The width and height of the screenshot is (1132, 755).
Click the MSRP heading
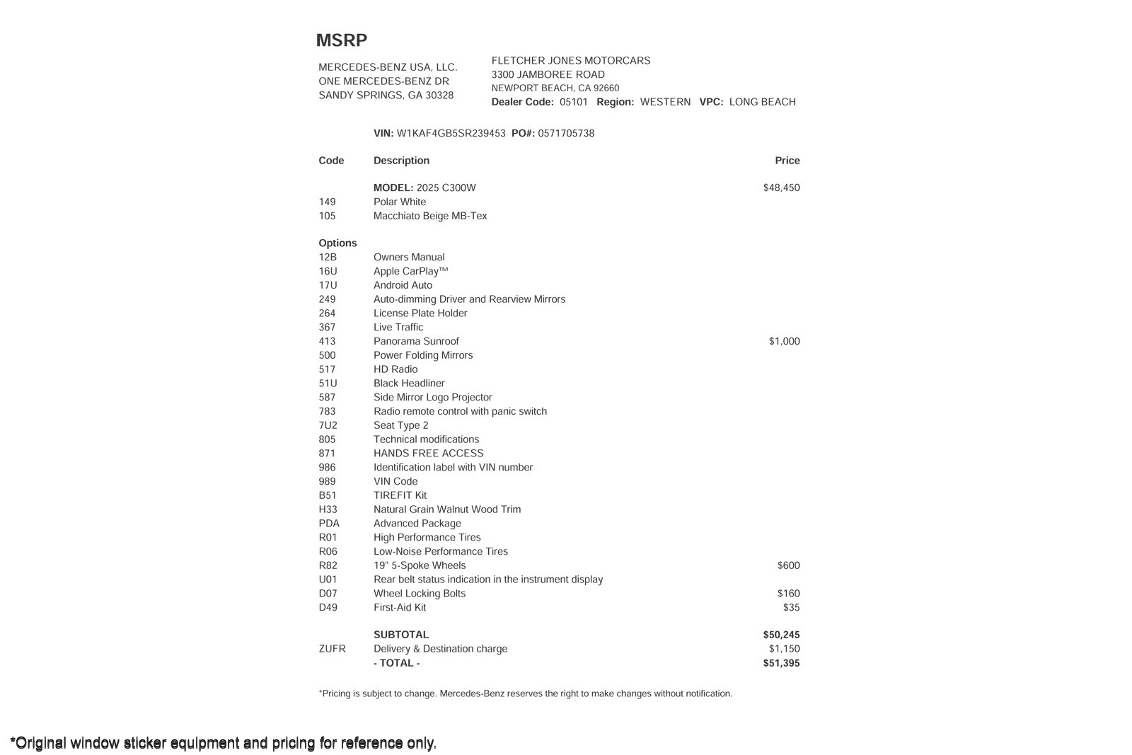click(341, 40)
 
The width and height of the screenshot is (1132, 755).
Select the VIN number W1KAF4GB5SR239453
click(451, 133)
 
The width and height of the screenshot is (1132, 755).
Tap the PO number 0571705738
click(565, 133)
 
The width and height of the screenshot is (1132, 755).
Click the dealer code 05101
click(573, 102)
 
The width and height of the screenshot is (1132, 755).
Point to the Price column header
click(787, 161)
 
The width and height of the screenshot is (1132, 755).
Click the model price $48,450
click(781, 188)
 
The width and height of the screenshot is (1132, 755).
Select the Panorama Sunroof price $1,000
click(784, 341)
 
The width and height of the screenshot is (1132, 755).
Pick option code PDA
click(329, 524)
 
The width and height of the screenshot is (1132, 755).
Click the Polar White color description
click(400, 202)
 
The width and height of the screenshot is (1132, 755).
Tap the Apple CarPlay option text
click(410, 271)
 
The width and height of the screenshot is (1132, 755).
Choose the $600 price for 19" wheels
click(788, 565)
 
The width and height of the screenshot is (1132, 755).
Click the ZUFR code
click(332, 649)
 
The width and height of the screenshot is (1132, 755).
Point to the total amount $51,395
click(781, 663)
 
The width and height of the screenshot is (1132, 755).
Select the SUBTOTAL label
click(400, 635)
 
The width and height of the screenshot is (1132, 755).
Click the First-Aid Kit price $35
click(791, 607)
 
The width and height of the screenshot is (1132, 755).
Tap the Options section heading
click(337, 243)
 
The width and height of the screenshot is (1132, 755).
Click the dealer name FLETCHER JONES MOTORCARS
click(570, 61)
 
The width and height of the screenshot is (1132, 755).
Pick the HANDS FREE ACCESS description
click(428, 454)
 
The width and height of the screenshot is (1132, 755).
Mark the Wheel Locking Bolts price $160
click(788, 593)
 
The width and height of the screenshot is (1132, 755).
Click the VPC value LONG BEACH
click(762, 102)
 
